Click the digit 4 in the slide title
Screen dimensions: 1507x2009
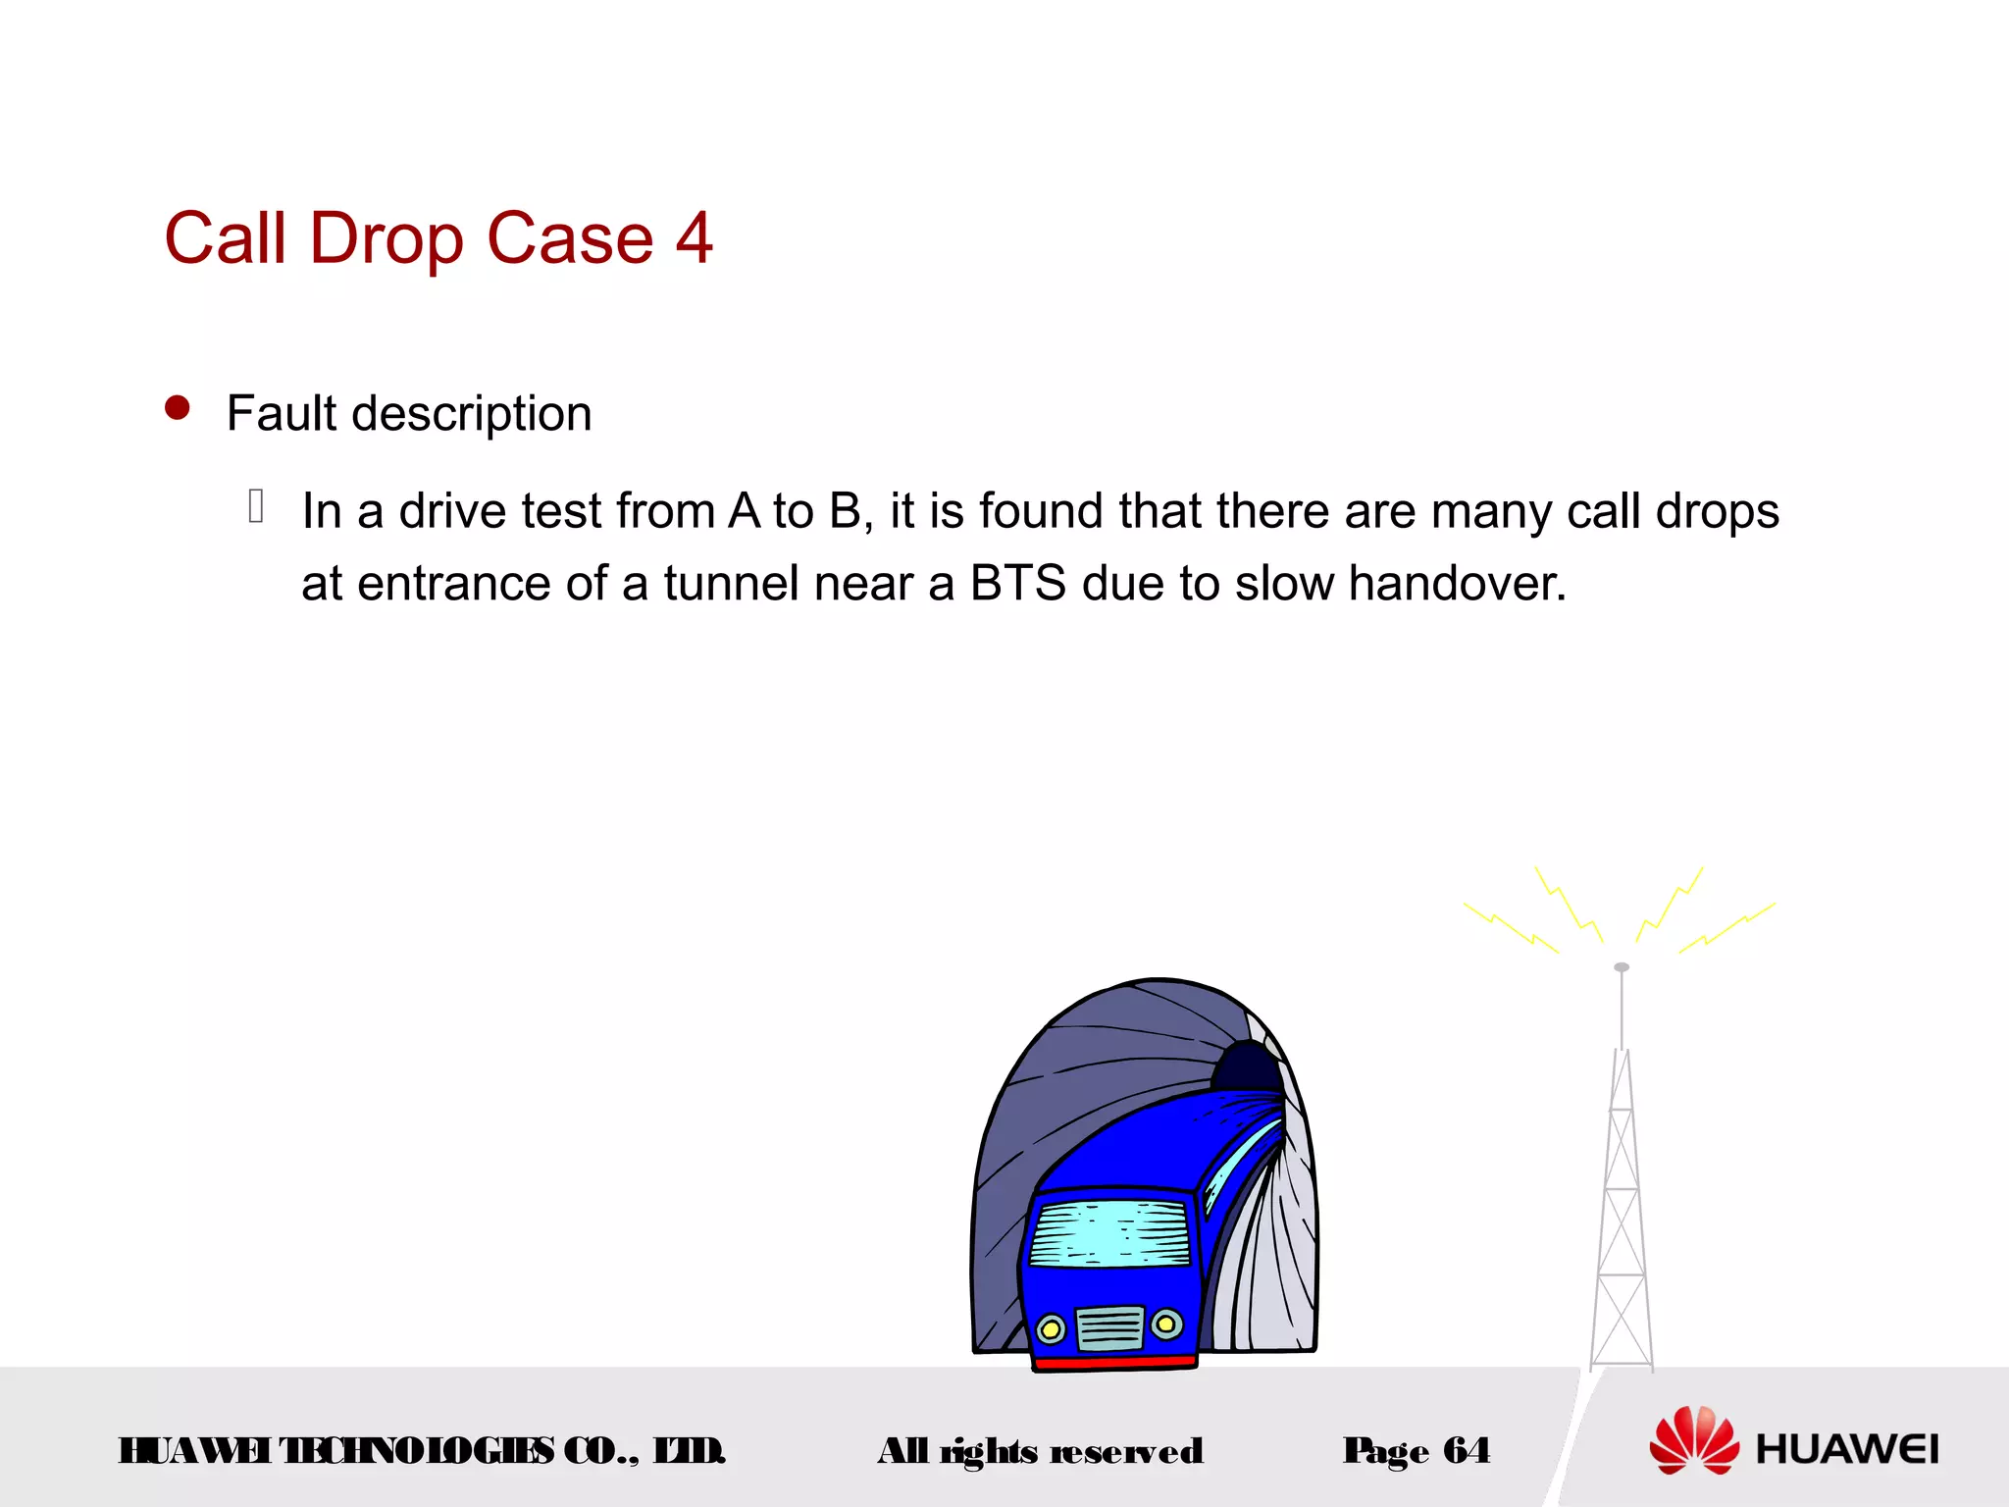(x=694, y=238)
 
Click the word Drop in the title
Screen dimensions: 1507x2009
(x=386, y=240)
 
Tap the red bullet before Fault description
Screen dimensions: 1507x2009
(x=178, y=407)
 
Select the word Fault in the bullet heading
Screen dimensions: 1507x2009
(x=282, y=413)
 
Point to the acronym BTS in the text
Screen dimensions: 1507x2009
(x=1017, y=584)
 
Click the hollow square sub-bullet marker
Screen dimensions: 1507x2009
(x=256, y=506)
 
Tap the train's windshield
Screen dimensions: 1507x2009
(x=1109, y=1233)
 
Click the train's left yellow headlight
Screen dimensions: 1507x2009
(x=1051, y=1329)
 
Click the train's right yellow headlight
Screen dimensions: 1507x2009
(x=1166, y=1325)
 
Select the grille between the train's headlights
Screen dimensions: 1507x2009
(x=1109, y=1328)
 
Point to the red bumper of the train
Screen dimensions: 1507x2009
(x=1115, y=1362)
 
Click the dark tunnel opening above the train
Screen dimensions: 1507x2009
(x=1246, y=1067)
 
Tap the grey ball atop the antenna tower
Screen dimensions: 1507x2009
(x=1622, y=967)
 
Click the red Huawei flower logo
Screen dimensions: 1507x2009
(x=1693, y=1440)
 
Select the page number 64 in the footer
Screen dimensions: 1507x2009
(x=1467, y=1450)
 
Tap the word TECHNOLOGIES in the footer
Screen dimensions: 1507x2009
(x=416, y=1451)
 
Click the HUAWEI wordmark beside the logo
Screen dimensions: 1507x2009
(x=1847, y=1449)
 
